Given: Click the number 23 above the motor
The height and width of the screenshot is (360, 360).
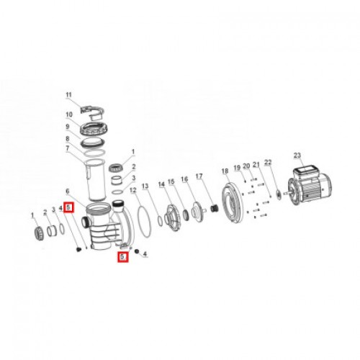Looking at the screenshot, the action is [x=297, y=156].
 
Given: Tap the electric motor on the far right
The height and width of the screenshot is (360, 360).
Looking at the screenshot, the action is [x=310, y=186].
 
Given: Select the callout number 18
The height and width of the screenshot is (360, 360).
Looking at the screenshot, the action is [x=225, y=171].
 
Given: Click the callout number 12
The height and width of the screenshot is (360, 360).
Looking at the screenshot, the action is [x=133, y=190].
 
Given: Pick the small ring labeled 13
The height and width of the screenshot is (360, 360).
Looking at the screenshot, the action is [x=161, y=221].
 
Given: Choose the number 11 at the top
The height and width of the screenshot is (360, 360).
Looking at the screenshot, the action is [x=69, y=95].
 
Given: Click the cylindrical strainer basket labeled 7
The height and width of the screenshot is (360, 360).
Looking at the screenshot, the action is [x=96, y=180].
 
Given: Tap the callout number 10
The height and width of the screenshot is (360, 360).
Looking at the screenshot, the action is [x=69, y=114].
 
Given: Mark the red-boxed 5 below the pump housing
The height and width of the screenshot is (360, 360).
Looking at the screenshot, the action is [x=122, y=256].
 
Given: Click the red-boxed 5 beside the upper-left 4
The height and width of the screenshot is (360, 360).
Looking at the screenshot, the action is [x=69, y=207].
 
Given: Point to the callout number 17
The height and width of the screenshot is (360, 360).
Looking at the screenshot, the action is [x=199, y=176].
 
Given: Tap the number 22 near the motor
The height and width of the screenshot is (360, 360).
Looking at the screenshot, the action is [x=268, y=162].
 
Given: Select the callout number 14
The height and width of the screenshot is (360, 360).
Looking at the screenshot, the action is [x=162, y=184].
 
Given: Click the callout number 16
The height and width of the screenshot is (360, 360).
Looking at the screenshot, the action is [x=184, y=179].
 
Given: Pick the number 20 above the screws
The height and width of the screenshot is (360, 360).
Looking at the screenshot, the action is [x=246, y=166].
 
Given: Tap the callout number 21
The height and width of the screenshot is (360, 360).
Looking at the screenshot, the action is [x=256, y=164].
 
